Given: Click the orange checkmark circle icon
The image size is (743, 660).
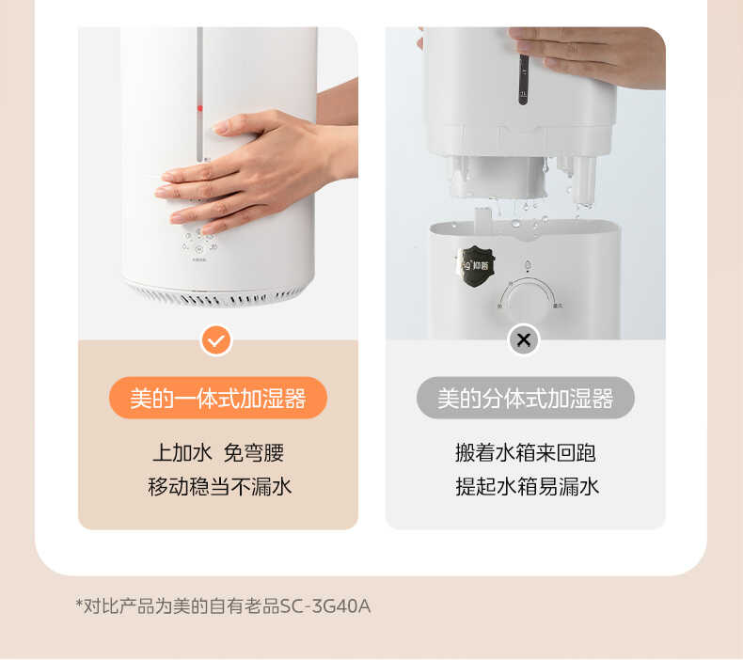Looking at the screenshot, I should (216, 339).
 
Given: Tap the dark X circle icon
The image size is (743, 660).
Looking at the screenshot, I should (524, 339).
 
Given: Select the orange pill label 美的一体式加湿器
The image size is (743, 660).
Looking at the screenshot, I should (217, 398).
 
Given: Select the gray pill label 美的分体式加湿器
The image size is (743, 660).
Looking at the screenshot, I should (525, 398).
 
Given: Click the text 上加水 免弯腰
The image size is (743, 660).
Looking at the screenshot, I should (217, 452).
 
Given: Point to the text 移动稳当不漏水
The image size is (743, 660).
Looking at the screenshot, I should (219, 486).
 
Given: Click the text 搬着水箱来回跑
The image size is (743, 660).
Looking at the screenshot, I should (525, 452).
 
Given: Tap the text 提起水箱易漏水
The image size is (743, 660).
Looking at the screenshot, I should (527, 486).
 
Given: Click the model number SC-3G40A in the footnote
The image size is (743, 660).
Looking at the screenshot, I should (325, 606).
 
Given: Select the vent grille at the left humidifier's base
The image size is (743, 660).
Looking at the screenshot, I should (216, 295).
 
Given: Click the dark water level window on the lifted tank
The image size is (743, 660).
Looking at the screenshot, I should (523, 79).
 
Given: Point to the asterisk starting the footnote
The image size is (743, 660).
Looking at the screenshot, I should (79, 604).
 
